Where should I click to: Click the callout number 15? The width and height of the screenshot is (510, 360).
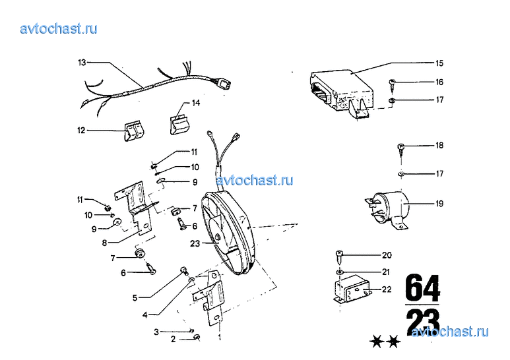click(439, 63)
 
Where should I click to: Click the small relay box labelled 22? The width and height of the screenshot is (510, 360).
click(352, 289)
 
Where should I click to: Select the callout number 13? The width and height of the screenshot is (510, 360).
click(82, 62)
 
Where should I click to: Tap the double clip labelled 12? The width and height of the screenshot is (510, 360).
click(134, 131)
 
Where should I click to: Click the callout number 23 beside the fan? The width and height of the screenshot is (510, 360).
click(195, 243)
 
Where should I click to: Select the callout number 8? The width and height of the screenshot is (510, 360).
click(104, 243)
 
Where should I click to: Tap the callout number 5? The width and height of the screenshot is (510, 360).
click(135, 297)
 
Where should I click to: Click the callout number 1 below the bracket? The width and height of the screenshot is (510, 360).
click(220, 337)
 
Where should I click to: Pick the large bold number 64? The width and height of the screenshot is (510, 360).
click(422, 287)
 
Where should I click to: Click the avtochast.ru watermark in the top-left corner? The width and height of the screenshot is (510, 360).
click(59, 28)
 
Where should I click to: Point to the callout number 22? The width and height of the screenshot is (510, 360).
click(387, 289)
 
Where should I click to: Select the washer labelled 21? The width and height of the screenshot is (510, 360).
click(339, 272)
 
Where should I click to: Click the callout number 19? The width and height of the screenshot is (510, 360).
click(439, 203)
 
